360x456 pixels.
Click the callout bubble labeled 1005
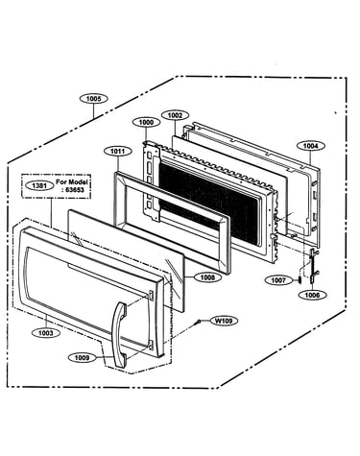(93, 99)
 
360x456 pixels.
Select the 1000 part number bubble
(146, 122)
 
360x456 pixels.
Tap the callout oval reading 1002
(175, 115)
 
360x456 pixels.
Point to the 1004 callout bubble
(311, 146)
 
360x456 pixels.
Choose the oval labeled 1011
(118, 151)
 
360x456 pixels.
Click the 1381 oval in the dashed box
(39, 185)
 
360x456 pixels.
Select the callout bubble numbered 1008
(207, 277)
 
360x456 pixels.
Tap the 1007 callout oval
(278, 280)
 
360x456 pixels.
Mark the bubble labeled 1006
(312, 295)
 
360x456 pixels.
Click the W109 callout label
(224, 321)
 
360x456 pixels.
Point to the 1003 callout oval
(45, 333)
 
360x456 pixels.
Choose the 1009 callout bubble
(82, 357)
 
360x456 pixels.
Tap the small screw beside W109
(199, 321)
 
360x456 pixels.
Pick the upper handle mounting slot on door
(151, 296)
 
